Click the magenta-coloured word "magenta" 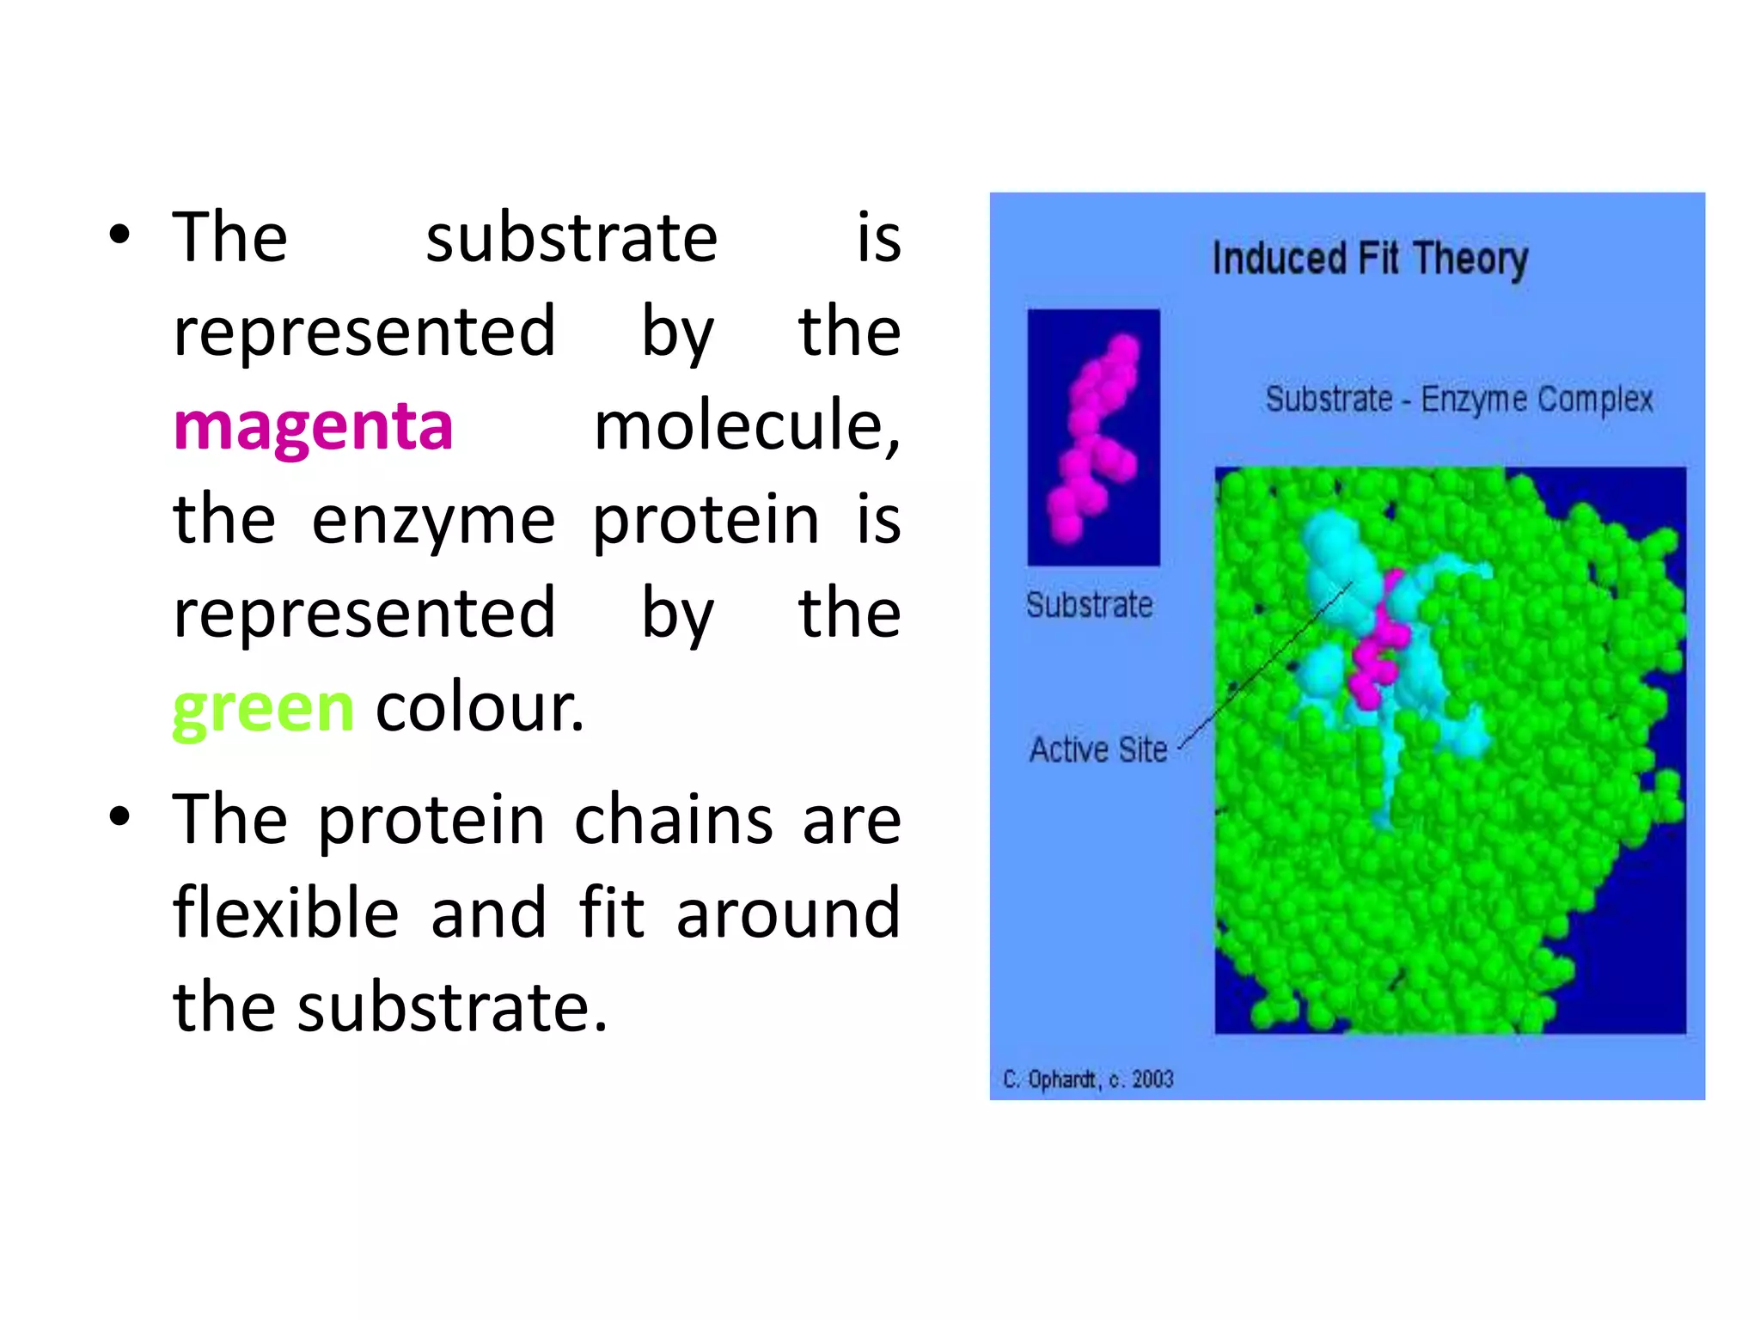tap(313, 427)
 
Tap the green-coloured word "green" tap(263, 709)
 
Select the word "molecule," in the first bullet tap(747, 427)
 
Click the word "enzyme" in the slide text tap(433, 521)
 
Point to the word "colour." tap(480, 709)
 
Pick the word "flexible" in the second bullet tap(286, 913)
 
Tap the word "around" tap(788, 913)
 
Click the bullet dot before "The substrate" tap(120, 234)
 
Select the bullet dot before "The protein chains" tap(120, 816)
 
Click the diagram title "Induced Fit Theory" tap(1370, 259)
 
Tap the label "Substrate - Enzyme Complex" tap(1458, 400)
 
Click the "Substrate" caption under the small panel tap(1089, 605)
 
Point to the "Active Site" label tap(1097, 750)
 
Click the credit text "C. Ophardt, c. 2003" tap(1087, 1079)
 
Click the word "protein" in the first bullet tap(706, 521)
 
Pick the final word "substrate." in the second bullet tap(452, 1007)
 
